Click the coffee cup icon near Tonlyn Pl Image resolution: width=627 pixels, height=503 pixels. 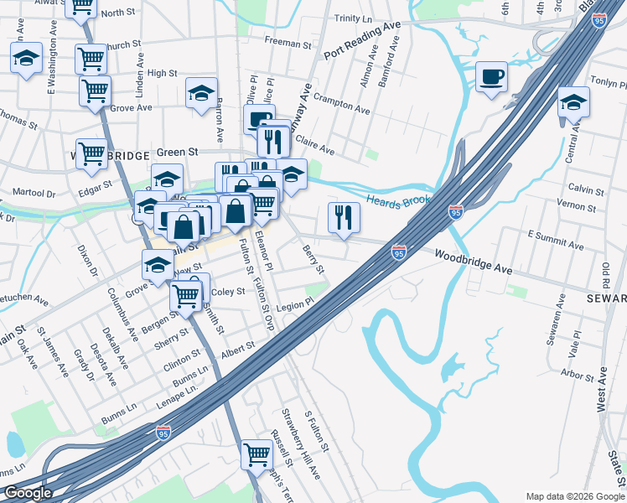pos(491,76)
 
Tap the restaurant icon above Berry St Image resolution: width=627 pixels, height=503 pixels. pos(344,217)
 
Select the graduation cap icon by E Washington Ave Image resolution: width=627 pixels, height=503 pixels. pos(26,58)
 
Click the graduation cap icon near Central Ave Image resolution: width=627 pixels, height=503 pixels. pos(573,102)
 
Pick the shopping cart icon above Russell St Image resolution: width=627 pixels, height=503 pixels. pos(256,454)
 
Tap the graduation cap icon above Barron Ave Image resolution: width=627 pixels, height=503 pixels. pos(201,93)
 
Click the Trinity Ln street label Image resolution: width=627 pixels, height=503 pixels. pos(358,18)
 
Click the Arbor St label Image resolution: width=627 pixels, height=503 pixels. pos(578,374)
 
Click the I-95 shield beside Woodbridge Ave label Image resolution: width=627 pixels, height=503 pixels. pos(399,251)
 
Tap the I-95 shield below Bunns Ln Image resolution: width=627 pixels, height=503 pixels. pos(163,432)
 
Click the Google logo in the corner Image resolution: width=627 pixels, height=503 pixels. pos(28,493)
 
